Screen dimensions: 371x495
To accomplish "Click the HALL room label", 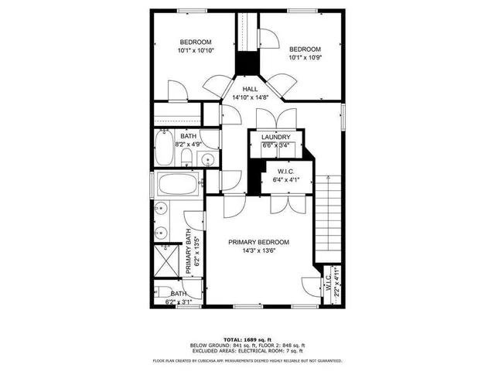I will [251, 90].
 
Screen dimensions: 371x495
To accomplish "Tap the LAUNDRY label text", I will [275, 137].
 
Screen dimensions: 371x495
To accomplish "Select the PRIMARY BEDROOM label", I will [258, 242].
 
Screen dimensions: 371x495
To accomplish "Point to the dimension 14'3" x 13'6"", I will [258, 250].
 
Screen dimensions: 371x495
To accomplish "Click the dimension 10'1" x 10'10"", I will [195, 50].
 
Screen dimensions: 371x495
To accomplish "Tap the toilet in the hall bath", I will [186, 158].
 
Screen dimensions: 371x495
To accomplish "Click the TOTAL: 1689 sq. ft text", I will [247, 339].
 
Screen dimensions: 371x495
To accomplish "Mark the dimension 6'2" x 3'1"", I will [176, 301].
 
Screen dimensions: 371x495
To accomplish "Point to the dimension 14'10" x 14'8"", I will [251, 98].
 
